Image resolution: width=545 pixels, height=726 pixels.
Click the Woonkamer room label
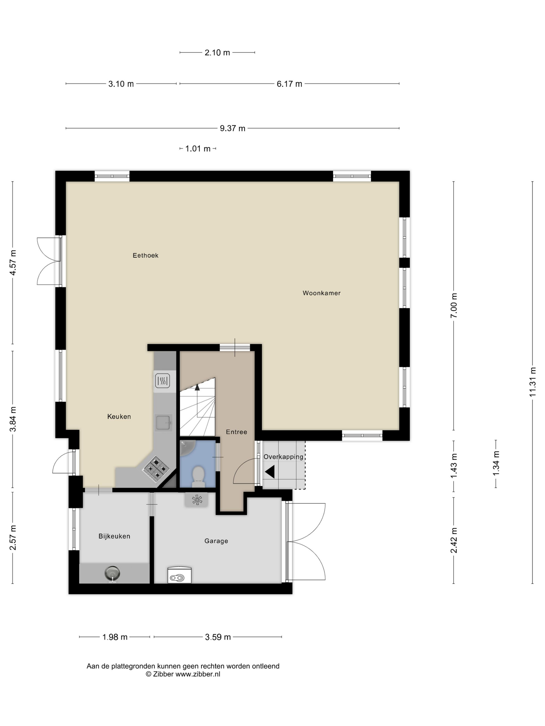click(x=321, y=293)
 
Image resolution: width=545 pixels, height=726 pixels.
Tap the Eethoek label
click(x=145, y=255)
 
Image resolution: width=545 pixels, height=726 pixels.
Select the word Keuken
click(x=119, y=416)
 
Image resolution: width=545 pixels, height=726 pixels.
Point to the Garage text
click(x=216, y=541)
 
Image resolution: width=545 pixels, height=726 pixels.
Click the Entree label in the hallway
click(x=236, y=432)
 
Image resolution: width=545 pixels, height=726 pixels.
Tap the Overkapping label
click(x=283, y=457)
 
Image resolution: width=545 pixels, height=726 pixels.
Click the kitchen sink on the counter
click(x=163, y=422)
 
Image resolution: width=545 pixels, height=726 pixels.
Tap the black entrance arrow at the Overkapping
click(x=270, y=472)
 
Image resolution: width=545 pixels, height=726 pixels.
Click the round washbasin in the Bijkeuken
click(x=112, y=573)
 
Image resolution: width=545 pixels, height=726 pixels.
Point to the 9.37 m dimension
click(x=232, y=128)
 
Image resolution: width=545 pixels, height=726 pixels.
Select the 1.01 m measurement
click(x=197, y=149)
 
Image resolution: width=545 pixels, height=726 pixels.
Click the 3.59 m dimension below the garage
click(x=217, y=637)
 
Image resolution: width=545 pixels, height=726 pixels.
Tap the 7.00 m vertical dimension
click(x=453, y=305)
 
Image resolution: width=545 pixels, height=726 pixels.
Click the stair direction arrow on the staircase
click(x=197, y=388)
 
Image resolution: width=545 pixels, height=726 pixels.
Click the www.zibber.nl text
click(x=197, y=674)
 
